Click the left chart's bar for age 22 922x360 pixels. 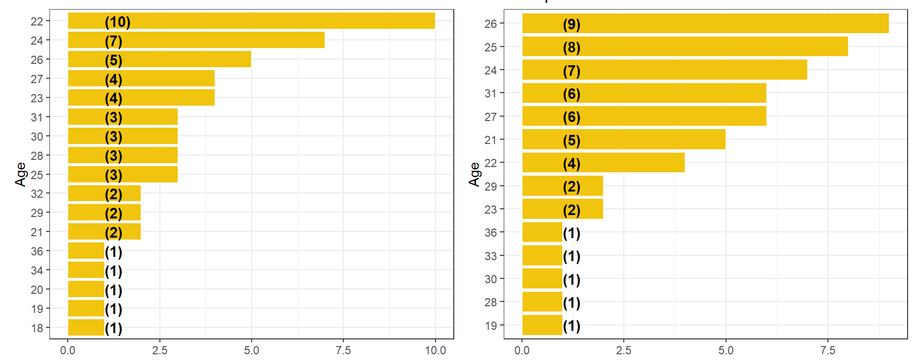(x=251, y=21)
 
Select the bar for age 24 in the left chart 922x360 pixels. (x=196, y=40)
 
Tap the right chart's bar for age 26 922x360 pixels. (x=705, y=24)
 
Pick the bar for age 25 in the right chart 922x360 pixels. (x=685, y=47)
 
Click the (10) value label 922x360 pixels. (x=118, y=22)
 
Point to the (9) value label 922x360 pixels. (x=571, y=24)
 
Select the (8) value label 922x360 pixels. (x=571, y=48)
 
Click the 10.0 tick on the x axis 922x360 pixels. (x=435, y=350)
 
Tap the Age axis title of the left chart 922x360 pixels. (x=20, y=174)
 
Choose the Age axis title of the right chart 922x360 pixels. (x=474, y=174)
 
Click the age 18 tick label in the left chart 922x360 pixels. (x=37, y=328)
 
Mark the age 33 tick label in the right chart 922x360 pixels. (x=491, y=256)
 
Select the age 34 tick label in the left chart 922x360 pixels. (x=37, y=271)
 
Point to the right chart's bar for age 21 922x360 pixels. (x=623, y=140)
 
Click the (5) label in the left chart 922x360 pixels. (x=113, y=60)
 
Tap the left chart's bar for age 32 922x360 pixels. (x=104, y=193)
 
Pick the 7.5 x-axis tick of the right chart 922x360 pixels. (x=828, y=350)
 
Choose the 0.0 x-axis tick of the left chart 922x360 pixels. (x=68, y=350)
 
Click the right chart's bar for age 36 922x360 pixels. (x=542, y=233)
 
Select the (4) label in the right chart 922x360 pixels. (x=571, y=164)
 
